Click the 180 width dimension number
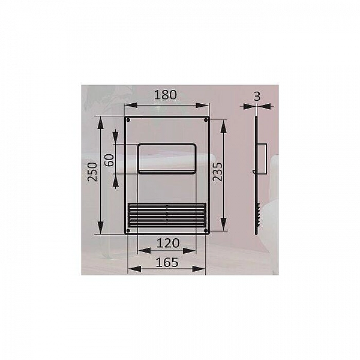166,95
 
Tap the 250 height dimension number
92,172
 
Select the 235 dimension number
217,172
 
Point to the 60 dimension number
109,160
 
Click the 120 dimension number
168,243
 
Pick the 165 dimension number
167,262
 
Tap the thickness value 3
257,97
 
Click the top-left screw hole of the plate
128,120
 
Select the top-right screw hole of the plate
206,120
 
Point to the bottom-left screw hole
128,230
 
